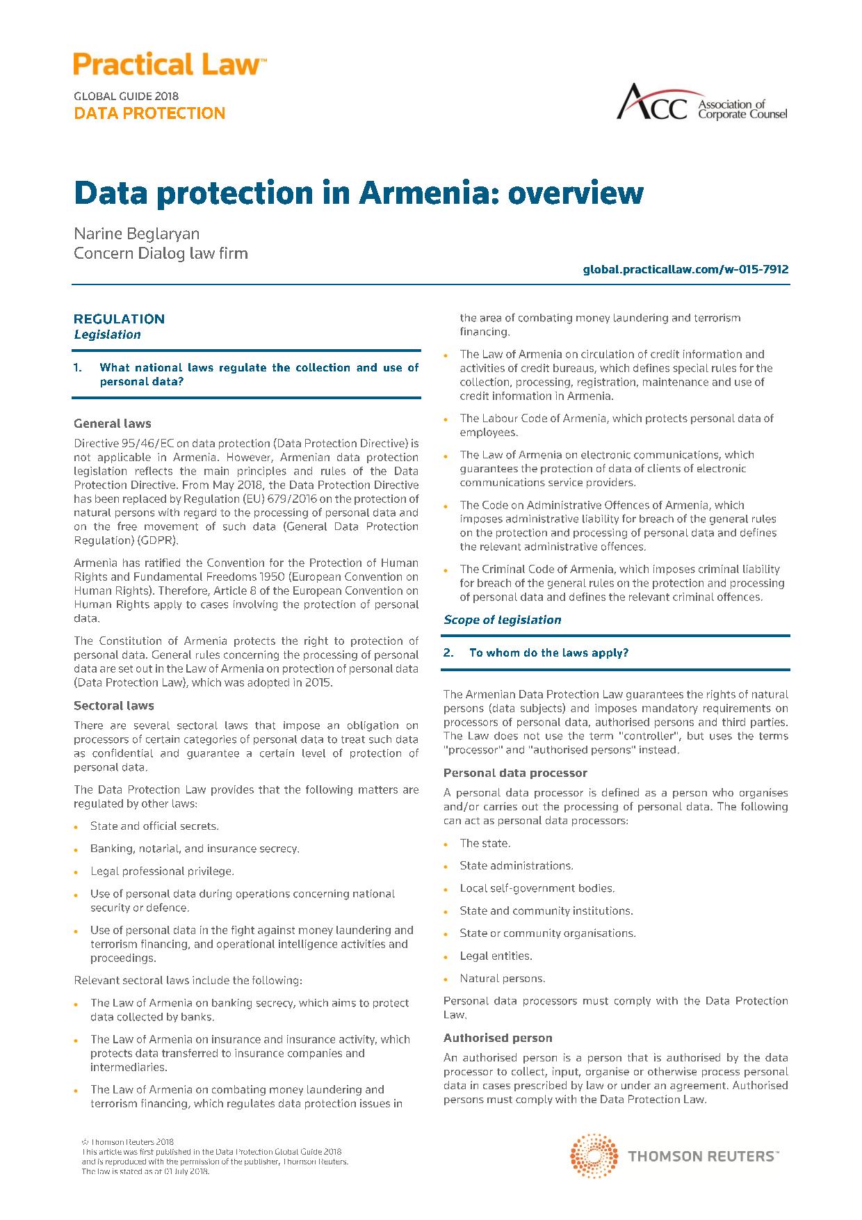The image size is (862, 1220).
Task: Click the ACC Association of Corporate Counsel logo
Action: (702, 103)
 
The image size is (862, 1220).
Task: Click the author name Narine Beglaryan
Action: (136, 234)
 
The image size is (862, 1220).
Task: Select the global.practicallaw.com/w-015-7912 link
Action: (685, 269)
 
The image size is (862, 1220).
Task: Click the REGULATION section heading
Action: (119, 319)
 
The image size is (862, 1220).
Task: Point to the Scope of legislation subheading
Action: (502, 620)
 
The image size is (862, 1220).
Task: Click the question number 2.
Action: (448, 652)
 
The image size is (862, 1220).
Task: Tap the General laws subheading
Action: (112, 424)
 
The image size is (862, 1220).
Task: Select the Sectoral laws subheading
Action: (114, 705)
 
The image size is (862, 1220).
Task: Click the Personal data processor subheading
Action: (515, 773)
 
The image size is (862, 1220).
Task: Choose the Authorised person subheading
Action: (498, 1038)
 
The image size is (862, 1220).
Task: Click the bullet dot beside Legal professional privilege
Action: (76, 872)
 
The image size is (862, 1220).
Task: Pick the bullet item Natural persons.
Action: (502, 978)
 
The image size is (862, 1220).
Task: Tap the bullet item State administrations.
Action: (516, 865)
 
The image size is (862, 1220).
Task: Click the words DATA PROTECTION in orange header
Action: (149, 113)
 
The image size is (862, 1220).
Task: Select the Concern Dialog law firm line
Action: (161, 253)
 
